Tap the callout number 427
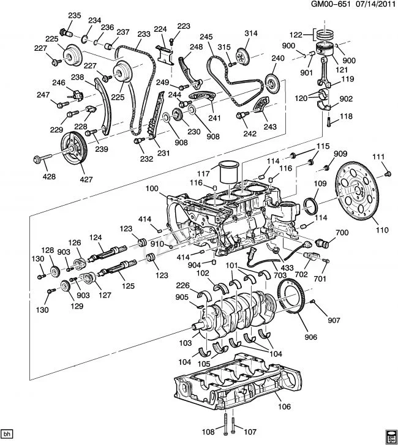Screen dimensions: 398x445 86,179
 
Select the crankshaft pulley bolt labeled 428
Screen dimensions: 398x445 42,159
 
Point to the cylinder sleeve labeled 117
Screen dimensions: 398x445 230,172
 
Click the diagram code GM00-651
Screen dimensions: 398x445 329,4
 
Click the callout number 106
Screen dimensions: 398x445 284,406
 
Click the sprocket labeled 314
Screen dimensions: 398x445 242,56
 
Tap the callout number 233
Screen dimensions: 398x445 144,34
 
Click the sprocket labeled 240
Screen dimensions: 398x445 272,83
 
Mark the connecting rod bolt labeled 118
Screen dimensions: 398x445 329,122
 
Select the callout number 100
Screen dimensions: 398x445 152,189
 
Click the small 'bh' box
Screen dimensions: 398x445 7,433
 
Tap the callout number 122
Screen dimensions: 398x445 296,35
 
